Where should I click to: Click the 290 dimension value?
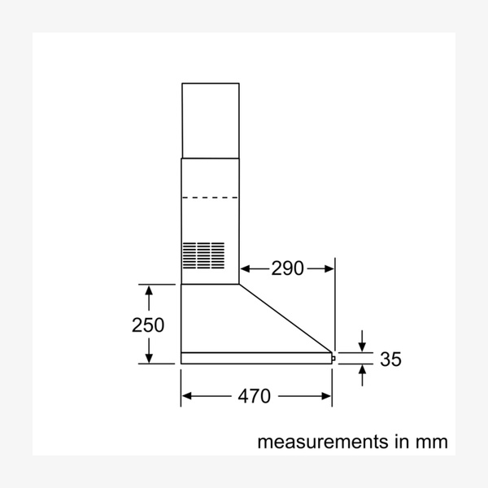coord(287,268)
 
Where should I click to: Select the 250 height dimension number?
coord(148,325)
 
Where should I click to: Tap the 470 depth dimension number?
coord(254,396)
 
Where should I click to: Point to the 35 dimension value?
coord(390,359)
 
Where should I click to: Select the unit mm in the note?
coord(430,442)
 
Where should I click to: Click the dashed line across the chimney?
coord(210,197)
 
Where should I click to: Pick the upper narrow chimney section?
coord(210,120)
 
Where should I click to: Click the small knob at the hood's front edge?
coord(334,356)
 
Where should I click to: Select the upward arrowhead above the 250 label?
coord(148,290)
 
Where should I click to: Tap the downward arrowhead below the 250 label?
coord(148,359)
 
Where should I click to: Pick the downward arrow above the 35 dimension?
coord(362,346)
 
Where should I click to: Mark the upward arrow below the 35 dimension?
coord(362,370)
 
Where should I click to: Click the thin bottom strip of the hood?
coord(256,357)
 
